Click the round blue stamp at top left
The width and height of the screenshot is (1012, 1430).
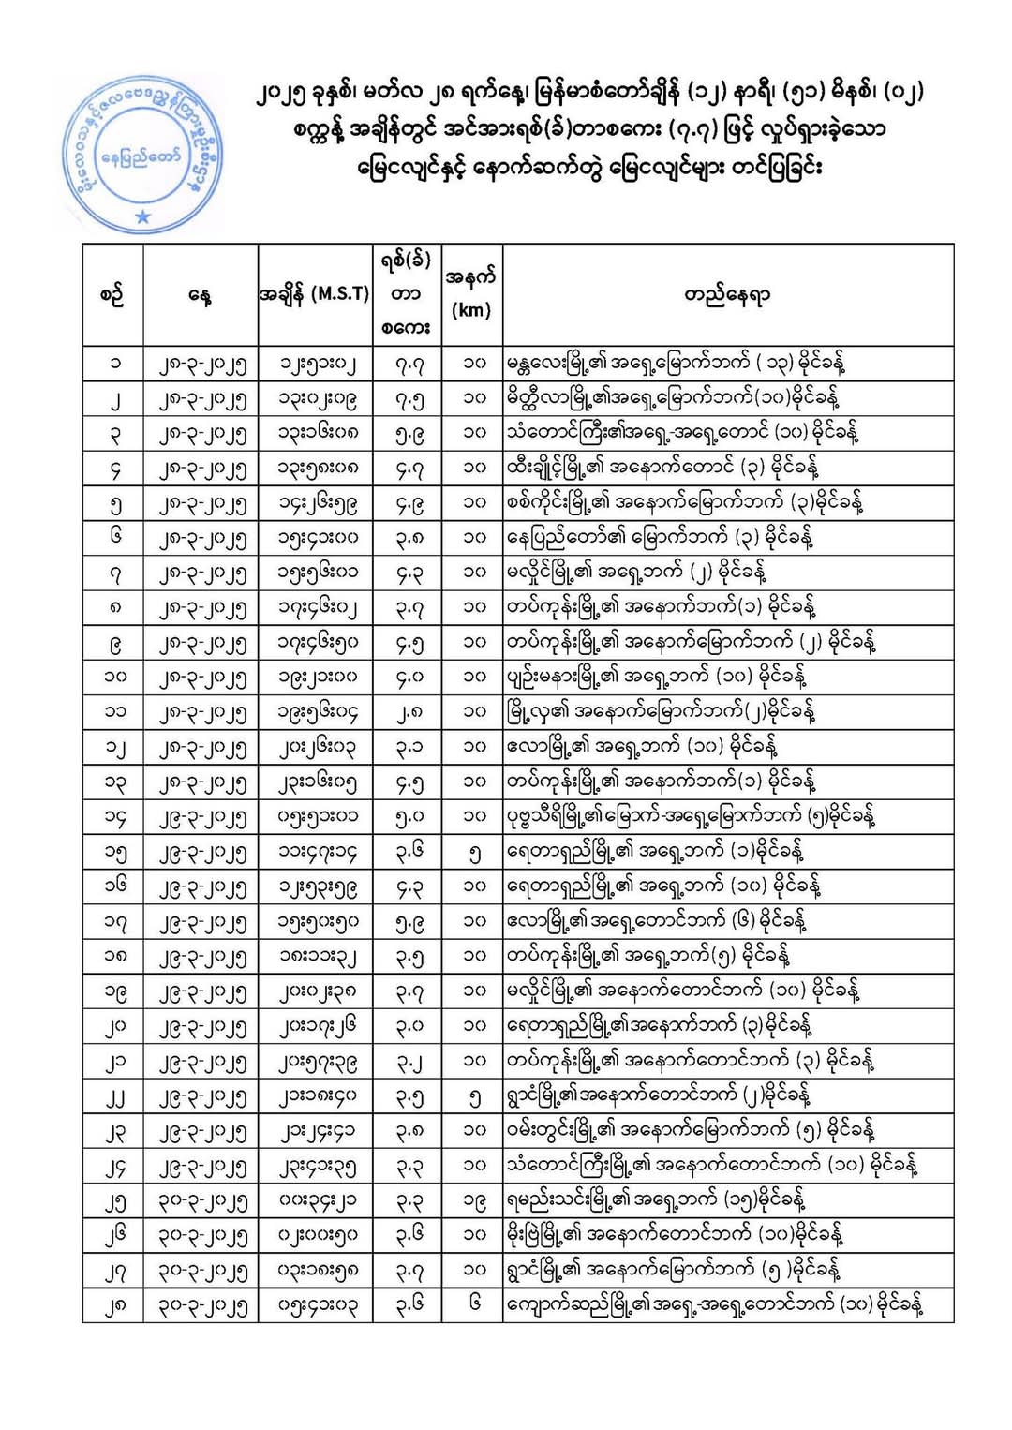pyautogui.click(x=142, y=154)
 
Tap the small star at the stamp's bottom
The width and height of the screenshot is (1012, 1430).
pyautogui.click(x=142, y=216)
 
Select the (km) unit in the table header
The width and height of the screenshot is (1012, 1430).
pyautogui.click(x=470, y=310)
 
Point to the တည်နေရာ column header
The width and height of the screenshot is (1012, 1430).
pyautogui.click(x=727, y=295)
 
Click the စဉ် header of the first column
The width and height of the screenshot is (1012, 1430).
pyautogui.click(x=112, y=295)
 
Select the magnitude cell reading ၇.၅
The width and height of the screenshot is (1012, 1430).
pyautogui.click(x=409, y=398)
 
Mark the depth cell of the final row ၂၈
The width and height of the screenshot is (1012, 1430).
pyautogui.click(x=473, y=1304)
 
